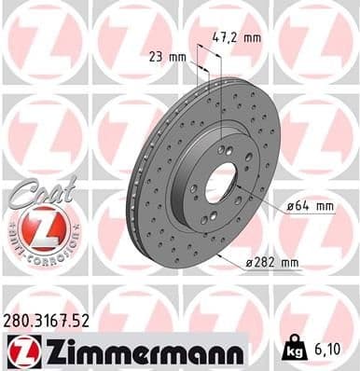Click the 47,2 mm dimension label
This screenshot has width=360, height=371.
239,39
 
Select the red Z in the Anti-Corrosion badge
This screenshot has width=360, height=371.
35,227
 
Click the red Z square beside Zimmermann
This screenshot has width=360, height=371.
19,352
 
